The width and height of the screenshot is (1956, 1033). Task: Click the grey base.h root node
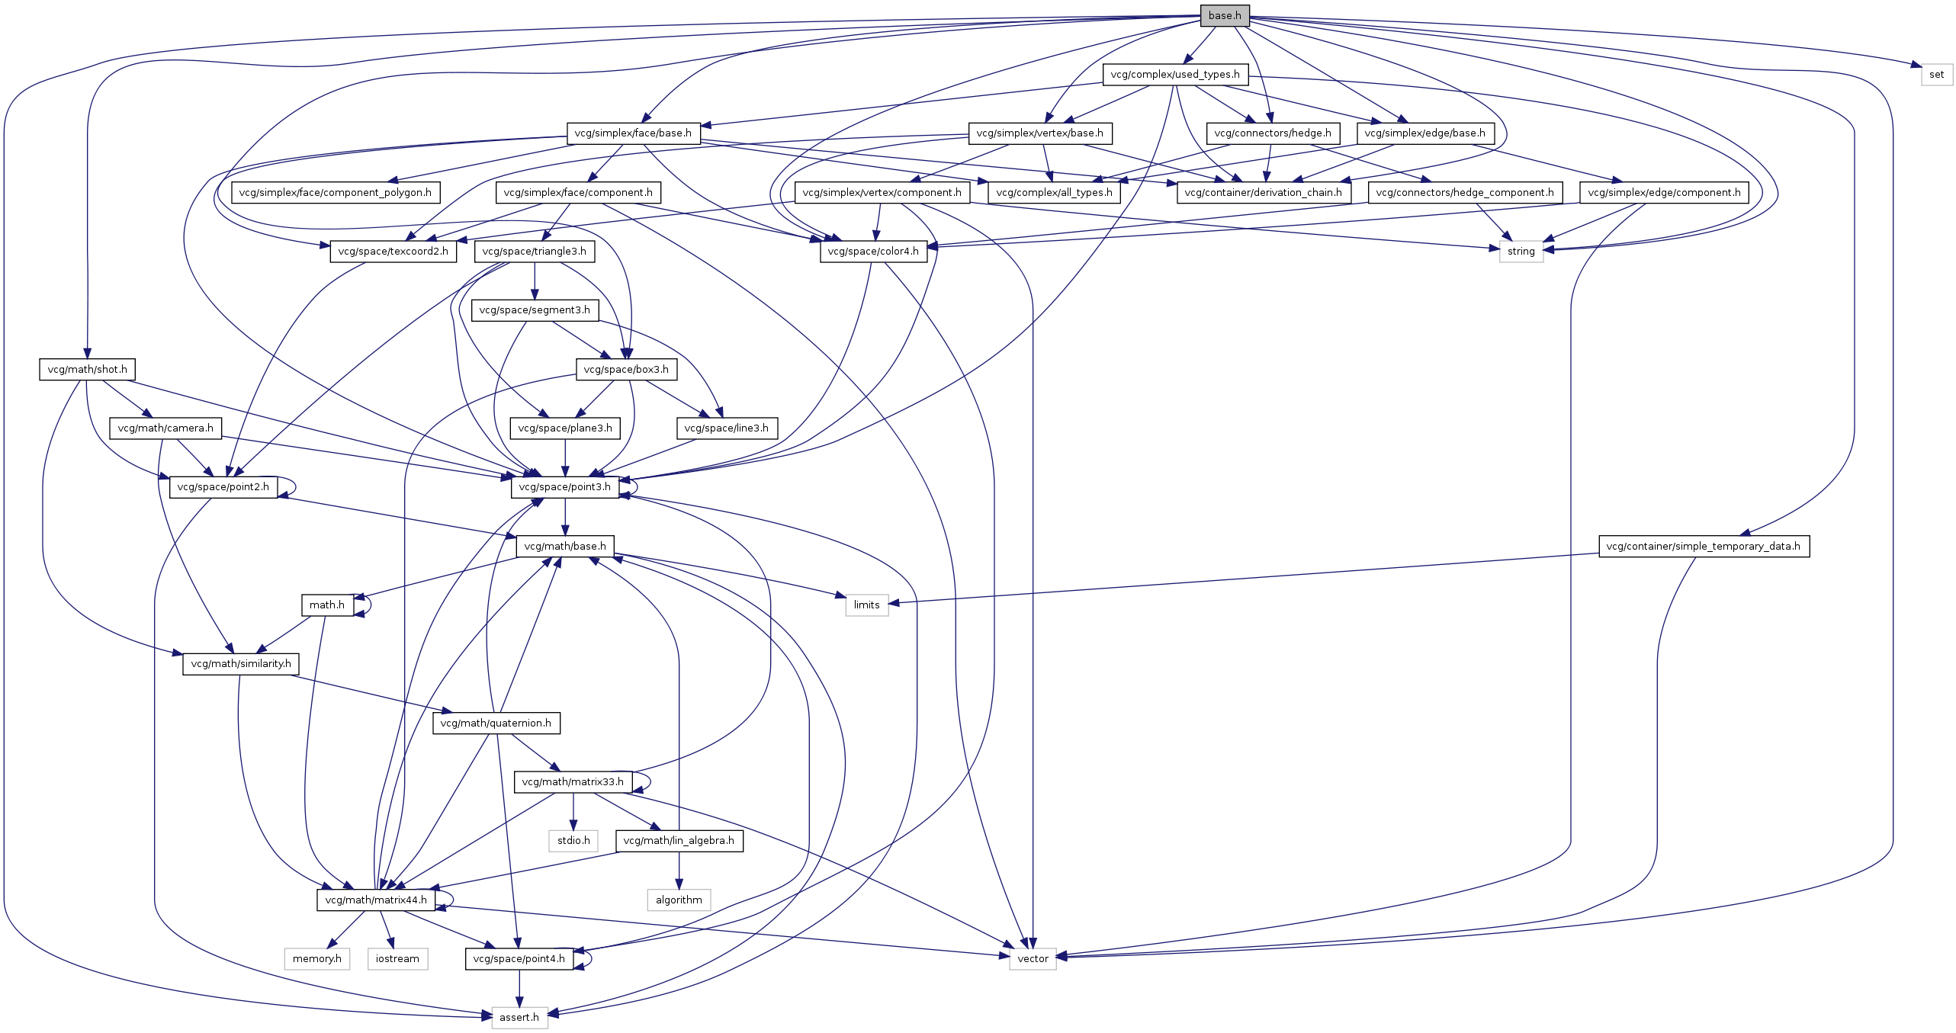pos(1225,15)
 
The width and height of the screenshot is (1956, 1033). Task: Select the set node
pos(1936,75)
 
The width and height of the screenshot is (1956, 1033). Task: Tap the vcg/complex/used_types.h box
pos(1175,75)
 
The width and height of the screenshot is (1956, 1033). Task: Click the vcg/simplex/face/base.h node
pos(633,133)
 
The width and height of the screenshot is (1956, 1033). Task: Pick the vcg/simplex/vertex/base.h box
pos(1039,133)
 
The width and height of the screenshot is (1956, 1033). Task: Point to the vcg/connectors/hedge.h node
pos(1273,133)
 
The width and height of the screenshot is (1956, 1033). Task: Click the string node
pos(1521,252)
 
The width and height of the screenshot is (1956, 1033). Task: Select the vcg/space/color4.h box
pos(873,252)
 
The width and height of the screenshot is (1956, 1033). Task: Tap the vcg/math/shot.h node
pos(87,370)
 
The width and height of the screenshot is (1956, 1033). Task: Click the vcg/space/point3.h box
pos(564,487)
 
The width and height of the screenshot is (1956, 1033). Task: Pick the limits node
pos(866,605)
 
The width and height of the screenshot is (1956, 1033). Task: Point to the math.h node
pos(326,605)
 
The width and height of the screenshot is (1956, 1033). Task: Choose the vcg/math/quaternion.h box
pos(496,723)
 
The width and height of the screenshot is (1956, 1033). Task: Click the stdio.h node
pos(573,841)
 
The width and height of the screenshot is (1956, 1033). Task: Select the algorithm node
pos(679,900)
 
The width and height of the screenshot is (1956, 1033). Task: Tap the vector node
pos(1033,959)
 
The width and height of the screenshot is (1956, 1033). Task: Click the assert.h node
pos(519,1018)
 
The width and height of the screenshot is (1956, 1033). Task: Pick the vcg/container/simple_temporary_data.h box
pos(1703,547)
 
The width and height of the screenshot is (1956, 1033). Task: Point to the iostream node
pos(397,959)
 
